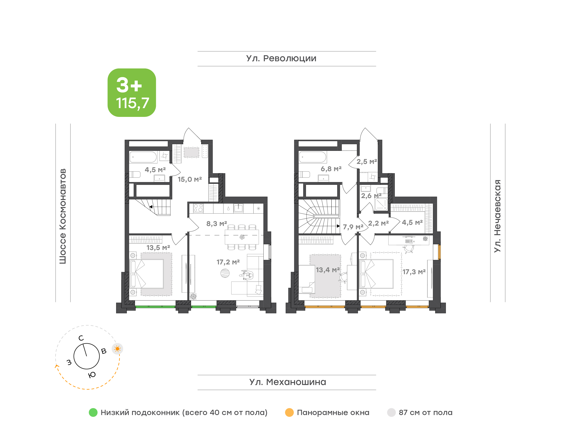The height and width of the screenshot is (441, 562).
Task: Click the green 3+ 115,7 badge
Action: tap(132, 92)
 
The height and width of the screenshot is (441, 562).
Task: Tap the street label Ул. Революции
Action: tap(281, 58)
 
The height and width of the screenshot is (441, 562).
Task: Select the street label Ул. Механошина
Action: tap(288, 382)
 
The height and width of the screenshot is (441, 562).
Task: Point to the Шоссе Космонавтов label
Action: tap(63, 216)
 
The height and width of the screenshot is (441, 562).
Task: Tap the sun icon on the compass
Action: tap(117, 349)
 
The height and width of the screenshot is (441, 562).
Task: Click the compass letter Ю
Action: tap(92, 375)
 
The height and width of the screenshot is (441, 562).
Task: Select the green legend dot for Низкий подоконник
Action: tap(93, 412)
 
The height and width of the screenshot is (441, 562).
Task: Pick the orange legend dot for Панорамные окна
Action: tap(289, 412)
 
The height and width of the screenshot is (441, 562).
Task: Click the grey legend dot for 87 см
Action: tap(391, 412)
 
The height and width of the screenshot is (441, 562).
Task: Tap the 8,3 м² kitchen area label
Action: tap(217, 224)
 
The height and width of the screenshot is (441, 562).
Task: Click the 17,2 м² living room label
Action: tap(228, 262)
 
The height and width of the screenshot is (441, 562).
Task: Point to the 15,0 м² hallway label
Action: tap(190, 179)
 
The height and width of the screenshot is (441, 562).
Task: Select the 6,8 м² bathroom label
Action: tap(331, 169)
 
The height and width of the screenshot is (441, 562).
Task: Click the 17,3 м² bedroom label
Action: tap(414, 272)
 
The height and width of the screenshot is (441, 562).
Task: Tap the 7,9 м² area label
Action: tap(353, 227)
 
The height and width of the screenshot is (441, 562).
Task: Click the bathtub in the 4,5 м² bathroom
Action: tap(143, 157)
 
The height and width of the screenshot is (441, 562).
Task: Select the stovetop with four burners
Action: tap(198, 208)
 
